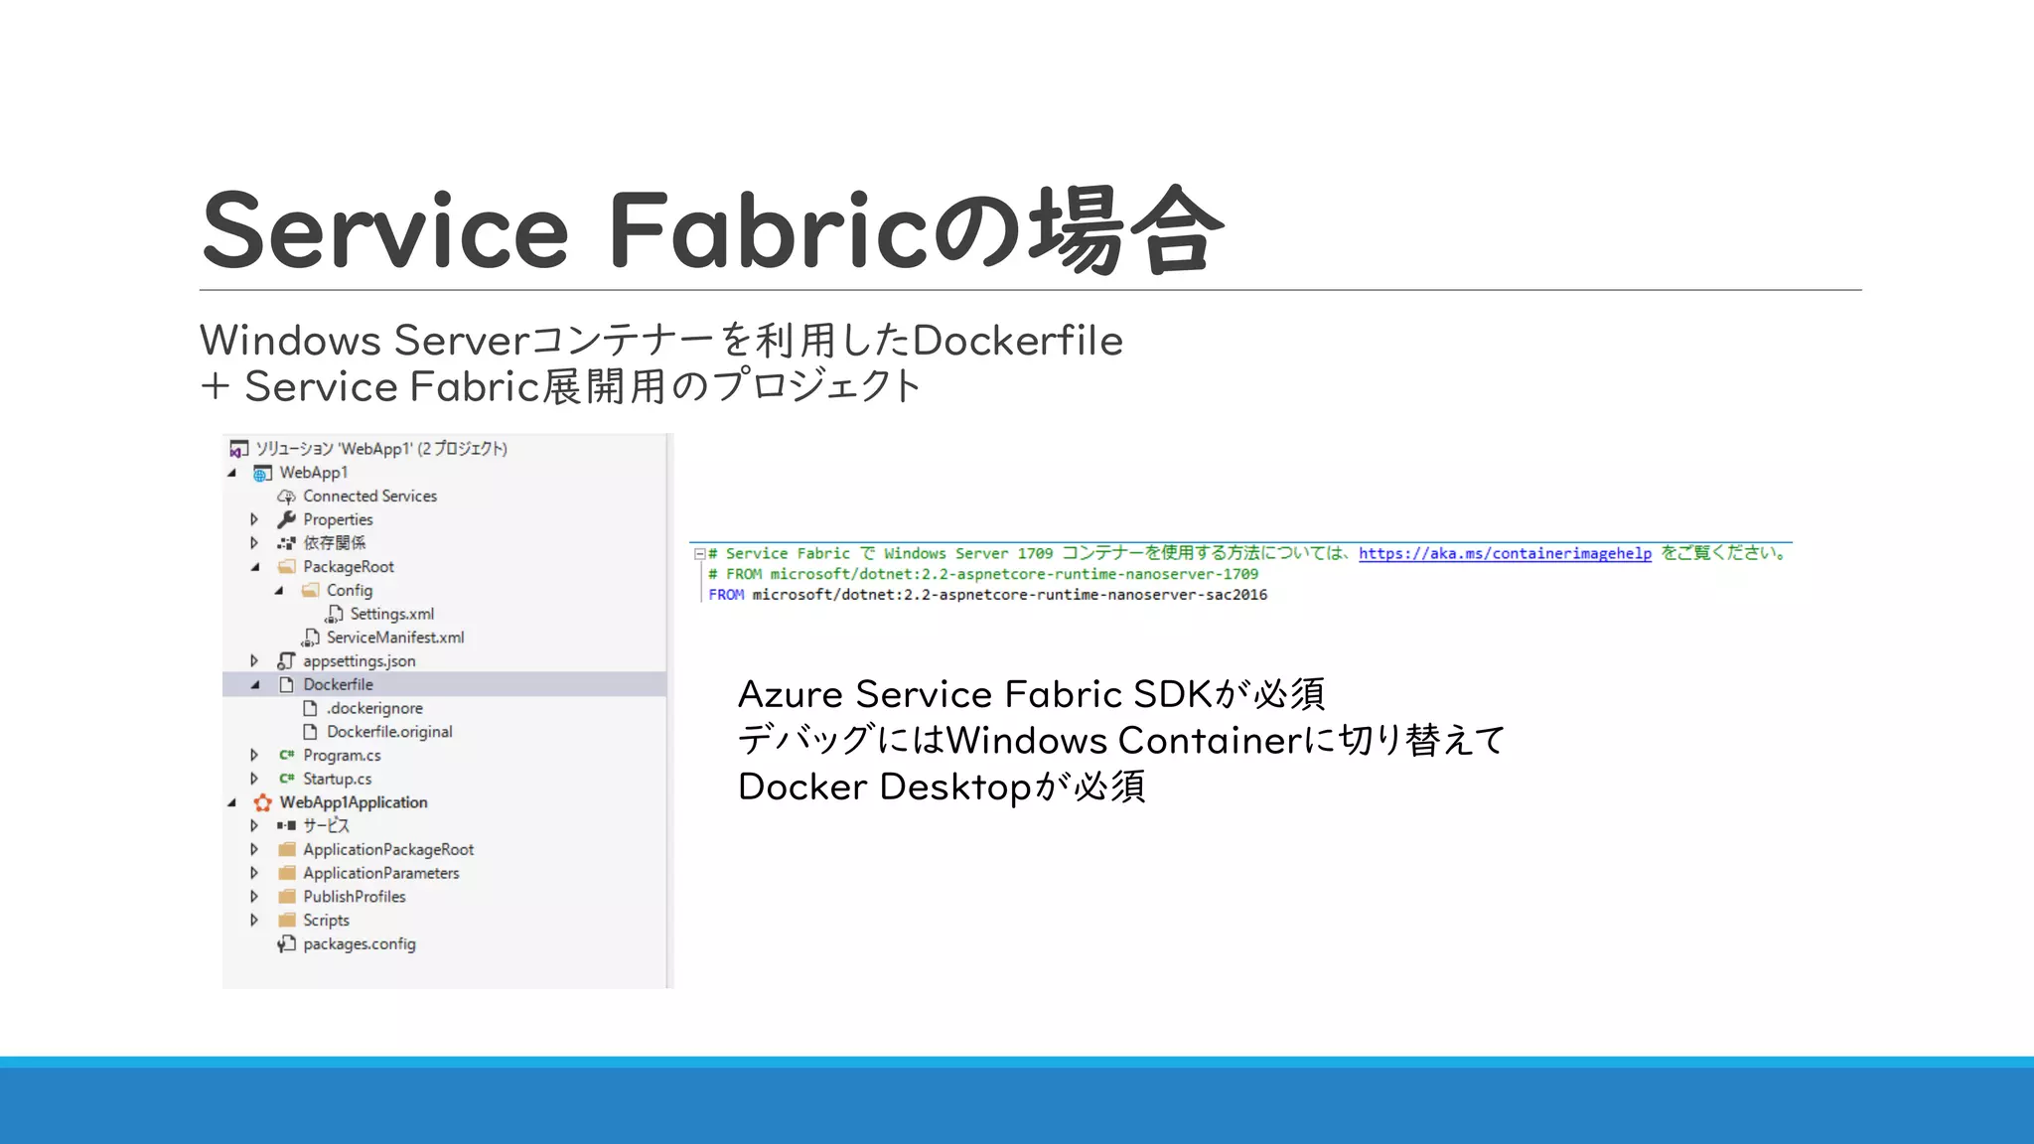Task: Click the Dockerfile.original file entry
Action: [389, 732]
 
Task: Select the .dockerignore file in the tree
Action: [375, 708]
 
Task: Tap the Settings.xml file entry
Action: [391, 614]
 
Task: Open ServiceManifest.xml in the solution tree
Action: [395, 638]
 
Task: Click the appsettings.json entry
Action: [359, 661]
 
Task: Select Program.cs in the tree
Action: [342, 756]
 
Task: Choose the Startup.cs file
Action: [337, 779]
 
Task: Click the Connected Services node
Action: [369, 496]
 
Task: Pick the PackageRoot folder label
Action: [348, 567]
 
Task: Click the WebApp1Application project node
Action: [353, 802]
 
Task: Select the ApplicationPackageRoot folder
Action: [388, 850]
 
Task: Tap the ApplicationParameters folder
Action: [380, 873]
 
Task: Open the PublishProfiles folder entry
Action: [354, 897]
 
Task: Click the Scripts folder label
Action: [326, 921]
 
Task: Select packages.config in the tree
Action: [359, 944]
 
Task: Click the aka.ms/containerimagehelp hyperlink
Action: [1505, 554]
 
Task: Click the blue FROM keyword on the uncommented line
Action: [726, 595]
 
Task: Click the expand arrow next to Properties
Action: [254, 519]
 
